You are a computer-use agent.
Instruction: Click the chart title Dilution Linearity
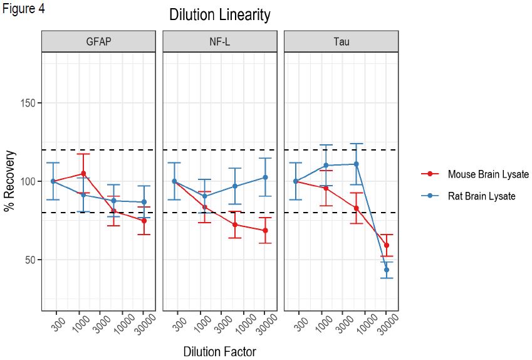pyautogui.click(x=220, y=15)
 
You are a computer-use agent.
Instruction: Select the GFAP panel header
pyautogui.click(x=98, y=43)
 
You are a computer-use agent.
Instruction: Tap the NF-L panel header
pyautogui.click(x=220, y=43)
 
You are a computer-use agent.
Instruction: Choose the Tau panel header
pyautogui.click(x=342, y=43)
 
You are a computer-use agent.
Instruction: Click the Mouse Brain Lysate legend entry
pyautogui.click(x=488, y=174)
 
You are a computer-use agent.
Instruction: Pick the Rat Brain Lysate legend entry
pyautogui.click(x=481, y=196)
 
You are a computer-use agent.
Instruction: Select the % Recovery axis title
pyautogui.click(x=9, y=181)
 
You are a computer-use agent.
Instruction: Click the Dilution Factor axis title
pyautogui.click(x=219, y=351)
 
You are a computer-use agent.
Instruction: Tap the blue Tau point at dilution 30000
pyautogui.click(x=387, y=270)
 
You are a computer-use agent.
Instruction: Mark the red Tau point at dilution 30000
pyautogui.click(x=387, y=245)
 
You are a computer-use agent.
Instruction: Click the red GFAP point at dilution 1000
pyautogui.click(x=83, y=174)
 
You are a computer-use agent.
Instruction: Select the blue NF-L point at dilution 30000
pyautogui.click(x=265, y=177)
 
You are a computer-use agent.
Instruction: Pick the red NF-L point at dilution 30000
pyautogui.click(x=265, y=231)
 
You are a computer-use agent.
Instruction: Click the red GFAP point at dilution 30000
pyautogui.click(x=144, y=221)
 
